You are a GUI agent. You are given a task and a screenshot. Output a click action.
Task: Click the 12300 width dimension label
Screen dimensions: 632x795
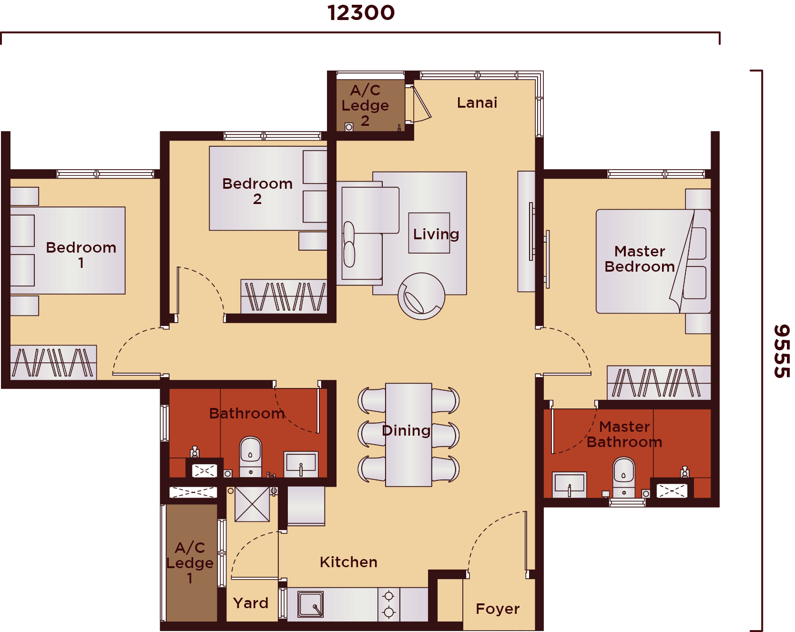click(361, 13)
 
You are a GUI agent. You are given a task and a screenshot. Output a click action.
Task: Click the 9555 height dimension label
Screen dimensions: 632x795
click(782, 351)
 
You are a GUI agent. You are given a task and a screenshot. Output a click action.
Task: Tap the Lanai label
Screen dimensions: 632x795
click(477, 102)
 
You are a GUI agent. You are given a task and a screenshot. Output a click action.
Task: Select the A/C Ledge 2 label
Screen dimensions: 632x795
click(365, 105)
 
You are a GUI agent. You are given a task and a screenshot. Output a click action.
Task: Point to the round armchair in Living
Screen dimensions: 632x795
click(421, 296)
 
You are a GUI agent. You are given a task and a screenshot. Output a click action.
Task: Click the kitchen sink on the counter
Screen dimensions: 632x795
click(310, 604)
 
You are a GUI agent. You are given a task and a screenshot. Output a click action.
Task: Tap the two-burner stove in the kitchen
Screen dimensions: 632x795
click(389, 604)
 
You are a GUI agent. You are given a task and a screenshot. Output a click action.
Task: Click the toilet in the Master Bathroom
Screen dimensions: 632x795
click(623, 477)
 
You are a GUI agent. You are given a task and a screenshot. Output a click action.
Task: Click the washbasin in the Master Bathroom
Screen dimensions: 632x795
click(569, 484)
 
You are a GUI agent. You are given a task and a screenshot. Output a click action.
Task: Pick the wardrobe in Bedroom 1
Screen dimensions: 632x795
click(53, 362)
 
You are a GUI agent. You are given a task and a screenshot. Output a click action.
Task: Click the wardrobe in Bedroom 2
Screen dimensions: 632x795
click(284, 296)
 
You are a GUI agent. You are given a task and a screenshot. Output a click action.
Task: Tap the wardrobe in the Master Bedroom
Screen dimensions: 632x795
click(659, 382)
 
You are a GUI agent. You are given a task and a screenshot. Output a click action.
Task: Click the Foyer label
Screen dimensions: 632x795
click(498, 609)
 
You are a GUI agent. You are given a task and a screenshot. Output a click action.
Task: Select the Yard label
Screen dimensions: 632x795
click(251, 603)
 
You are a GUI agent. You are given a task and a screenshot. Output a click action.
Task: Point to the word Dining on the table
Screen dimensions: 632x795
click(406, 430)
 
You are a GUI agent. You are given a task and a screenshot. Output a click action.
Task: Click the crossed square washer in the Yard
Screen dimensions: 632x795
click(252, 504)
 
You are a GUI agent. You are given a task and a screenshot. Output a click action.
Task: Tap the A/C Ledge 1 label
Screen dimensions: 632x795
click(190, 562)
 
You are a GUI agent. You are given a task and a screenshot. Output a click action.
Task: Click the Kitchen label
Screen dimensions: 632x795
click(348, 562)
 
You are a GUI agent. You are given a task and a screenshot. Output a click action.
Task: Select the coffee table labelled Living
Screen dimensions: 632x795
click(429, 233)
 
